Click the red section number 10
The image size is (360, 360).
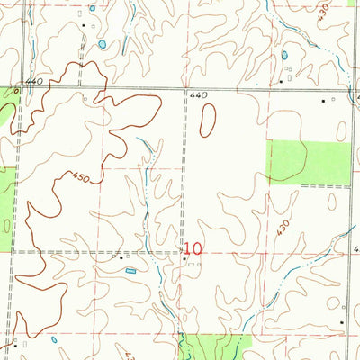coord(193,247)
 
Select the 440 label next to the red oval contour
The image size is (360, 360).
coord(199,94)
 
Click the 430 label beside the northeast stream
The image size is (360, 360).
coord(324,15)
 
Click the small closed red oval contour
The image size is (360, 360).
coord(208,120)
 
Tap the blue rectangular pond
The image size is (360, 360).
coord(131,269)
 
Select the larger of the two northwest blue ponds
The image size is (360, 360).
coord(103,43)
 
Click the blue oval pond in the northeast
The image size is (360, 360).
coord(284,56)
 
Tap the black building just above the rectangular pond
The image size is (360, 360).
coord(123,257)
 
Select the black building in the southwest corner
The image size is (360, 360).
coord(14,343)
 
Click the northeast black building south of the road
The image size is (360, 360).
coord(325,102)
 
